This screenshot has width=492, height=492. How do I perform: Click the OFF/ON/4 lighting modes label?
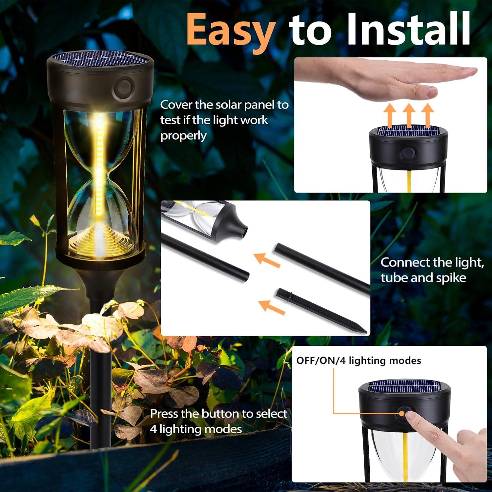tap(359, 361)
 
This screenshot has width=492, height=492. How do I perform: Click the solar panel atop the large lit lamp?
tap(100, 58)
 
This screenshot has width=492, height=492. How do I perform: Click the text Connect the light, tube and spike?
tap(432, 270)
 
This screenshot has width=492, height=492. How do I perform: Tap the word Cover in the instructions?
tap(176, 105)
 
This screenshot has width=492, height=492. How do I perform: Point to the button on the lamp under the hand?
tap(407, 153)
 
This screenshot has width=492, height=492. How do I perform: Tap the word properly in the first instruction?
tap(183, 136)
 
